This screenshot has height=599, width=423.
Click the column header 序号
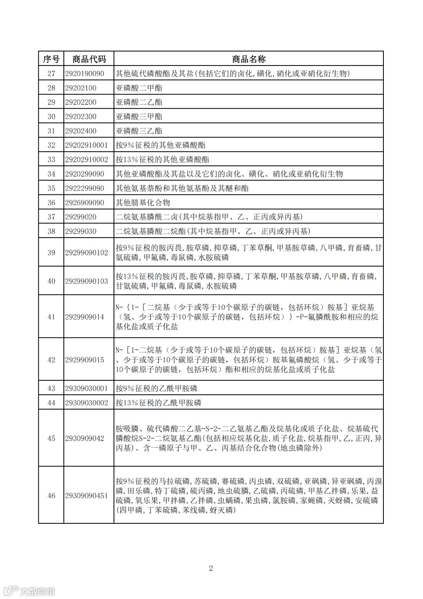click(51, 59)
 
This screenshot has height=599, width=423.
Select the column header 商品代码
click(89, 59)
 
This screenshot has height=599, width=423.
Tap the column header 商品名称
click(249, 59)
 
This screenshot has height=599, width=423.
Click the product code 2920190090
click(85, 73)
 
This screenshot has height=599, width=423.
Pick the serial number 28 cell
click(51, 88)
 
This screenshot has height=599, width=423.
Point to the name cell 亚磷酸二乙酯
click(139, 102)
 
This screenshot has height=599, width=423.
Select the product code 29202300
click(81, 116)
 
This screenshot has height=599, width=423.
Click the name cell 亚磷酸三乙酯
click(139, 131)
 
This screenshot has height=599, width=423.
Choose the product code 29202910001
click(87, 145)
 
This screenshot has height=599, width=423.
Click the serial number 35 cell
click(51, 188)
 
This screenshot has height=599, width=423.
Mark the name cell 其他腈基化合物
click(143, 203)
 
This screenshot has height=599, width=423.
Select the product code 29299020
click(81, 217)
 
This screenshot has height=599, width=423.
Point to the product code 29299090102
click(87, 252)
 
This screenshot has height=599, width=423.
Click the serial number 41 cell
click(51, 317)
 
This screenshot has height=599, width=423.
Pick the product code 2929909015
click(85, 359)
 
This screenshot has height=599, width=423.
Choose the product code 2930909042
click(85, 438)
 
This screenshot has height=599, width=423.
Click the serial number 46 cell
click(51, 496)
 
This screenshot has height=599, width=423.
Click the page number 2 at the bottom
click(211, 568)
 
